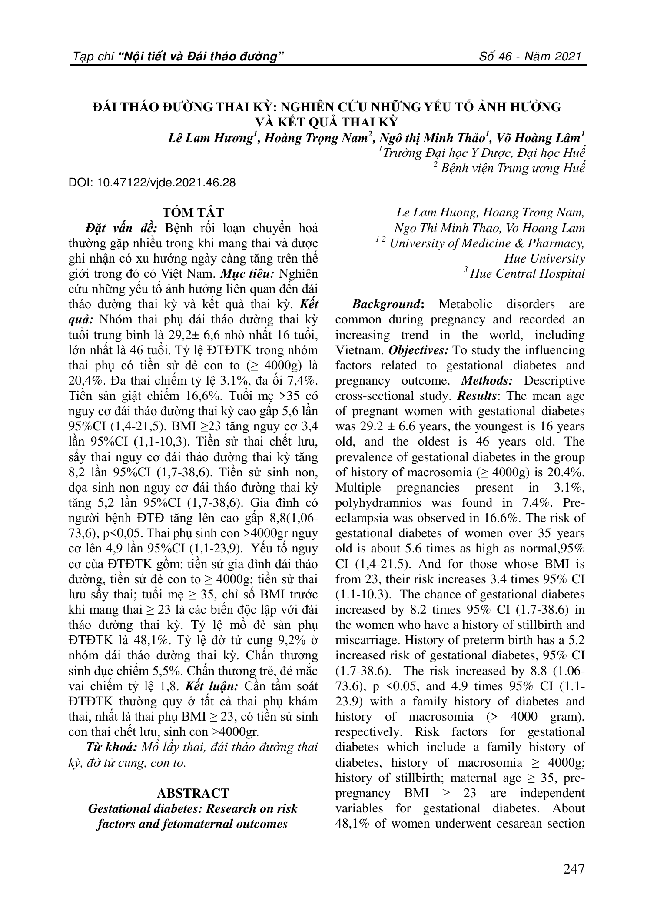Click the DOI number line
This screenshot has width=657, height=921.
152,183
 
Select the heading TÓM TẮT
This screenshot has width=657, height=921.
193,213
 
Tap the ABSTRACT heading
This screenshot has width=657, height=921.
193,793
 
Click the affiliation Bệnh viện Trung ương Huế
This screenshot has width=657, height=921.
512,168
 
